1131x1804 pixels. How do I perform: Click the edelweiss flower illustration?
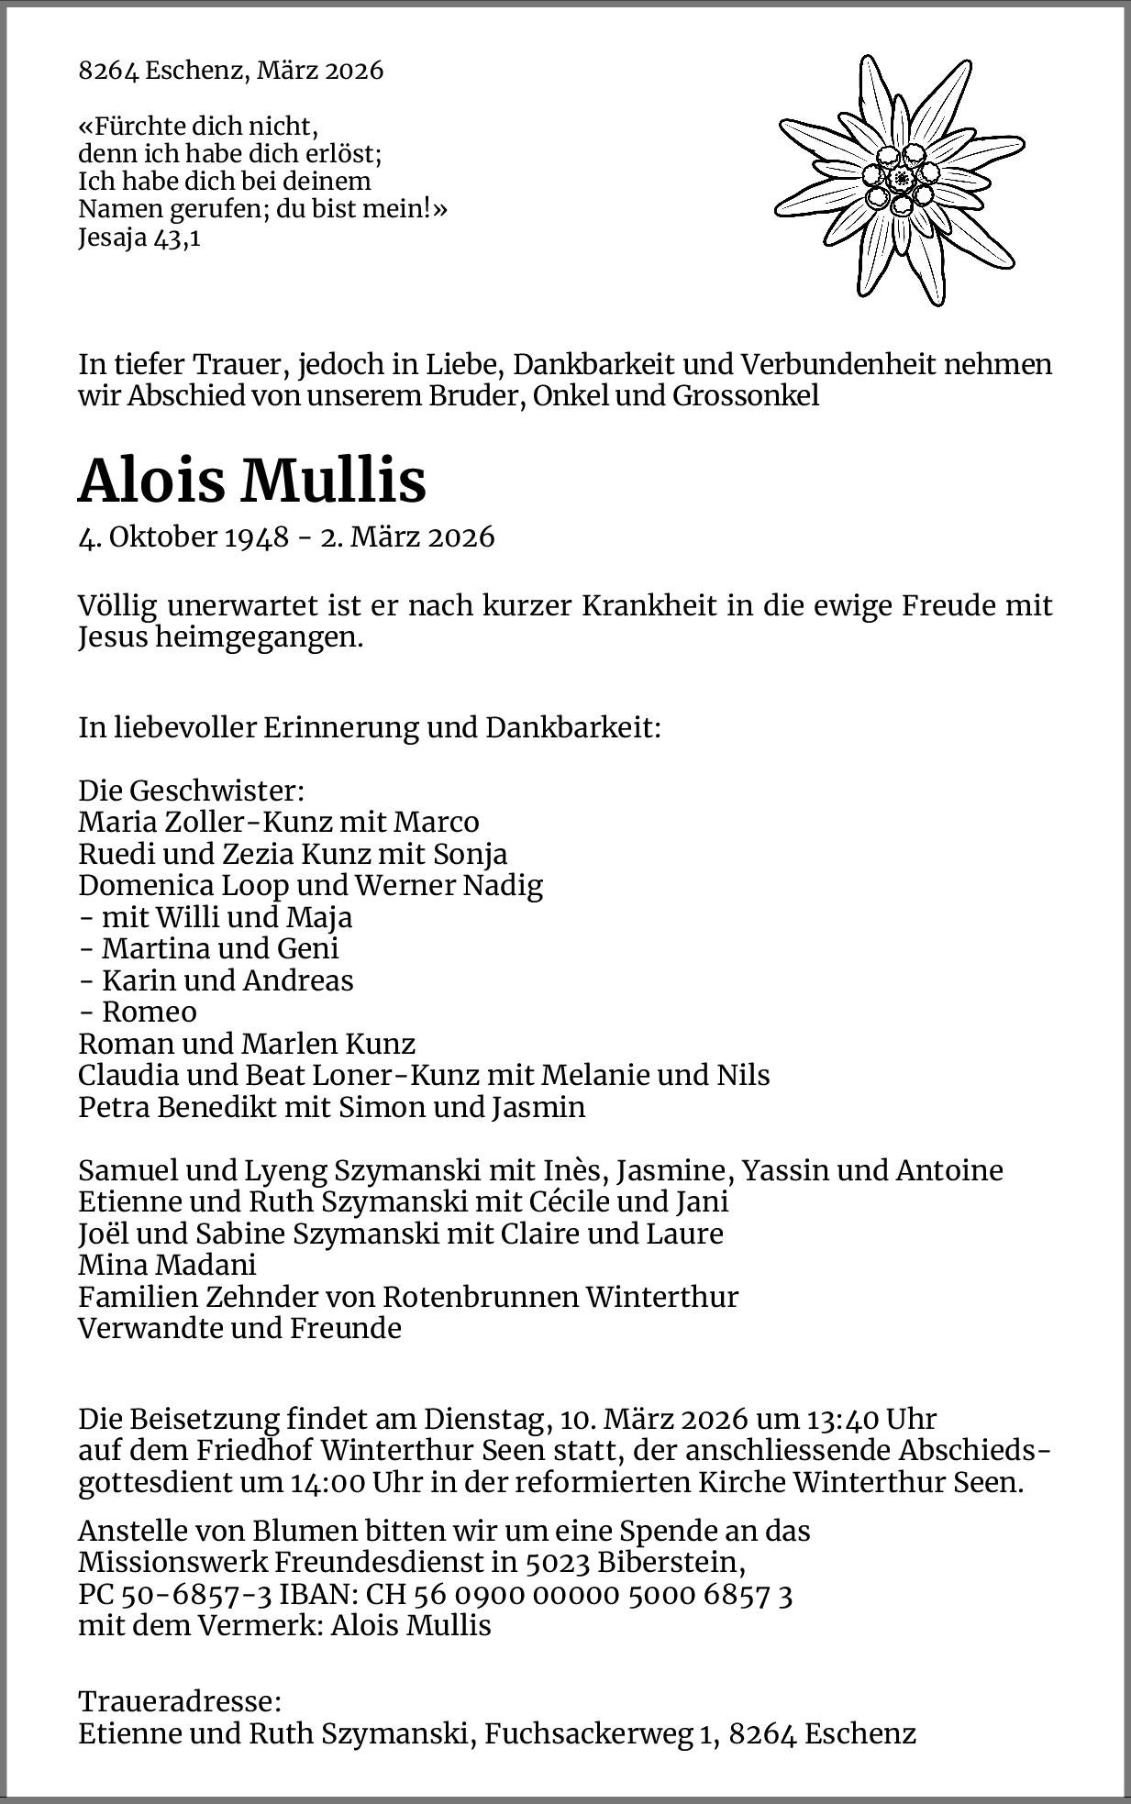[x=900, y=179]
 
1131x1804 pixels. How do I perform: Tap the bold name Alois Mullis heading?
[x=252, y=480]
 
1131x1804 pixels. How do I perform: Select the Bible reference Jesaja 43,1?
[x=139, y=239]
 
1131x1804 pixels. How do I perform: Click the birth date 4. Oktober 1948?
[x=183, y=537]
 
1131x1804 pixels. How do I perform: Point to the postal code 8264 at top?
[x=107, y=71]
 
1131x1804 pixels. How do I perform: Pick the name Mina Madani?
[x=167, y=1265]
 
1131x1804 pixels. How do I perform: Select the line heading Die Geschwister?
[x=191, y=791]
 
